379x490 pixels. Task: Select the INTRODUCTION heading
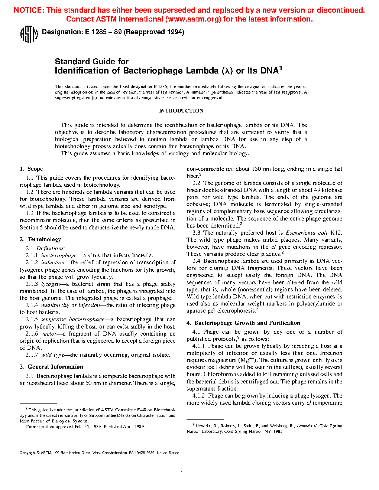tap(181, 111)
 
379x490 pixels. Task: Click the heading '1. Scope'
tap(32, 169)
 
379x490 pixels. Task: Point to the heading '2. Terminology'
tap(41, 239)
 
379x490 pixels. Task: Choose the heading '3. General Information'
tap(51, 367)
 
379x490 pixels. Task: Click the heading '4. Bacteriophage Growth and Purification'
tap(243, 323)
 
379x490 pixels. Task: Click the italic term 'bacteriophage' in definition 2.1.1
tap(59, 255)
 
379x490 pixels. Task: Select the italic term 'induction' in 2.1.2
tap(52, 262)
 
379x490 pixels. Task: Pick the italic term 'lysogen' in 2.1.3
tap(50, 284)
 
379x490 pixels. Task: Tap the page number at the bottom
tap(181, 470)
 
